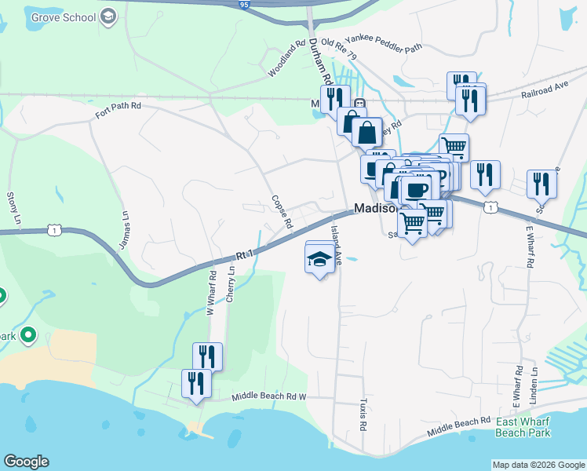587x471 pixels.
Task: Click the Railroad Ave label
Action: point(544,93)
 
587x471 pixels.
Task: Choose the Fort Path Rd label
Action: point(118,110)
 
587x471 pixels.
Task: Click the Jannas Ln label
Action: point(124,226)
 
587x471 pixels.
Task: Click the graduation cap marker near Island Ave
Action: point(319,258)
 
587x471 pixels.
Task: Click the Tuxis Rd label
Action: point(363,416)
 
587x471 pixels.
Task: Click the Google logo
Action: point(26,462)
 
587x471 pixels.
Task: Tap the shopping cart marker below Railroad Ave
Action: point(454,146)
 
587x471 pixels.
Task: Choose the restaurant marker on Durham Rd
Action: point(333,97)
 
